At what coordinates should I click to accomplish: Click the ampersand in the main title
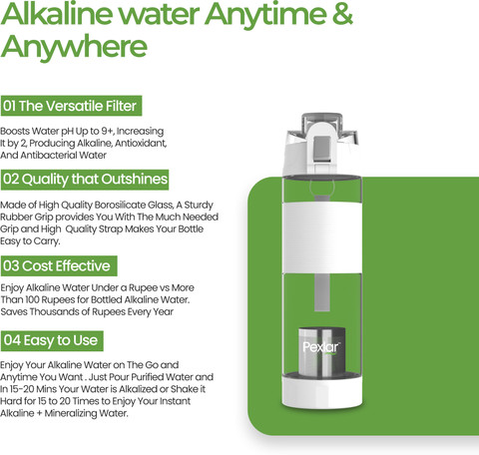pyautogui.click(x=342, y=14)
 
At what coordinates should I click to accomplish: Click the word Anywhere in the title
pyautogui.click(x=74, y=46)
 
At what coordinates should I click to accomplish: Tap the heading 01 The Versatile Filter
pyautogui.click(x=71, y=106)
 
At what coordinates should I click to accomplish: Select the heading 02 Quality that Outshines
pyautogui.click(x=85, y=180)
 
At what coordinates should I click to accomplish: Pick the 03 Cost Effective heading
pyautogui.click(x=59, y=265)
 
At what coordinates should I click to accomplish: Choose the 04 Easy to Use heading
pyautogui.click(x=52, y=340)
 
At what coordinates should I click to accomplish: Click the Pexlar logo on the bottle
pyautogui.click(x=321, y=347)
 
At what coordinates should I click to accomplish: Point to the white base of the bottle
pyautogui.click(x=321, y=391)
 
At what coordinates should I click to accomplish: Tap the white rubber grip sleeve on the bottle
pyautogui.click(x=321, y=237)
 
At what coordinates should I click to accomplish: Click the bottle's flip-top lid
pyautogui.click(x=321, y=143)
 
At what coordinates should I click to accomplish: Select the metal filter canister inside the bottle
pyautogui.click(x=321, y=351)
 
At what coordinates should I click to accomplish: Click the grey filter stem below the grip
pyautogui.click(x=322, y=292)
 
